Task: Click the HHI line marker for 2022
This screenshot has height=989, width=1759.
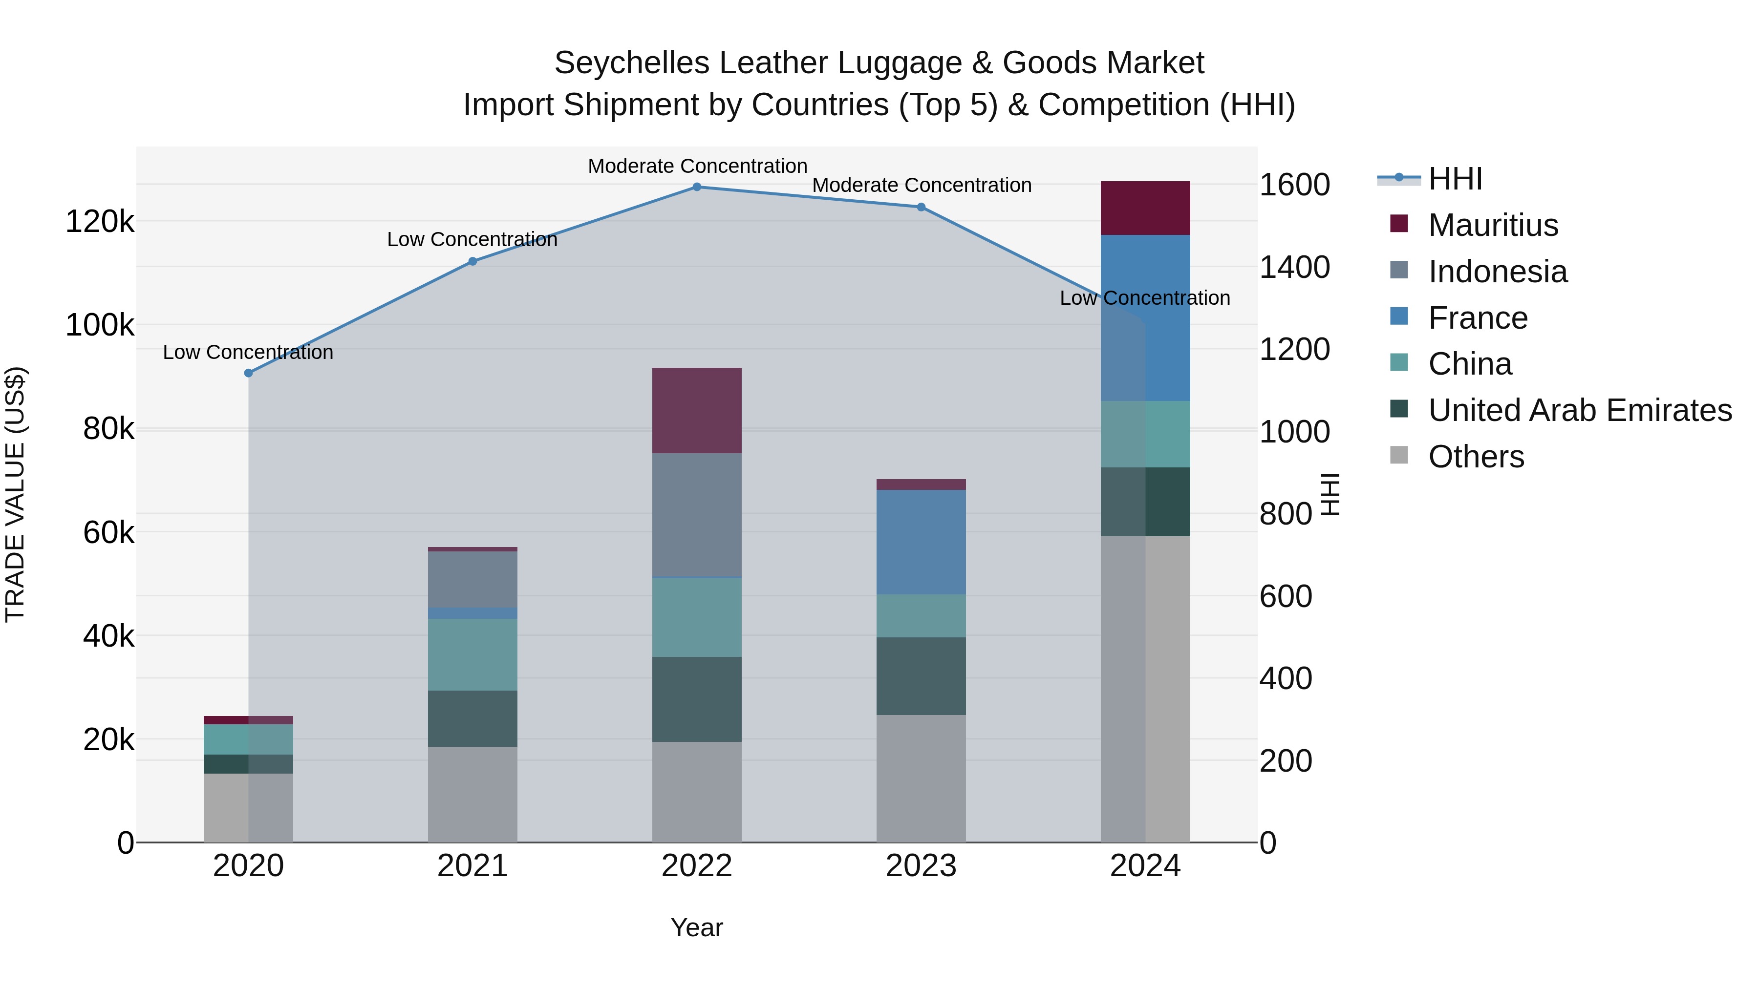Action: click(x=696, y=187)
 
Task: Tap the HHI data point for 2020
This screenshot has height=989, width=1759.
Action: click(x=249, y=373)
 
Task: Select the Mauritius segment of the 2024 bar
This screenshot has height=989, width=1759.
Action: click(x=1145, y=208)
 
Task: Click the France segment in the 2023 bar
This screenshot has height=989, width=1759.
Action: click(x=921, y=542)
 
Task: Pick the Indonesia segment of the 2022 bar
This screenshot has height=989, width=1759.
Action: click(x=696, y=515)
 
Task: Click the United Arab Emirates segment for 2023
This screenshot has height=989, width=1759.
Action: click(x=921, y=676)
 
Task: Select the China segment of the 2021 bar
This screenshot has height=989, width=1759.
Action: click(x=472, y=654)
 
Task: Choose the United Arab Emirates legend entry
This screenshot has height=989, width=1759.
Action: click(x=1579, y=410)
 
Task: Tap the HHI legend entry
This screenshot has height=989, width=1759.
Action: click(x=1455, y=179)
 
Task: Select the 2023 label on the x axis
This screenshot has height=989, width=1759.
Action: click(x=921, y=866)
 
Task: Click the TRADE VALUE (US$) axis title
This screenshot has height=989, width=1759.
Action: click(x=15, y=494)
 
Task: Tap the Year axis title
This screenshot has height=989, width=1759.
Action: click(x=696, y=927)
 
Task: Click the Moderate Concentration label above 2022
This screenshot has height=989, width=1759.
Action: click(x=697, y=166)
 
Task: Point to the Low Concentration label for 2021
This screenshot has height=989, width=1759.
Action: click(x=472, y=240)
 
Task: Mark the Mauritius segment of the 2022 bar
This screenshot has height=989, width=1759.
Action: click(x=696, y=410)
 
